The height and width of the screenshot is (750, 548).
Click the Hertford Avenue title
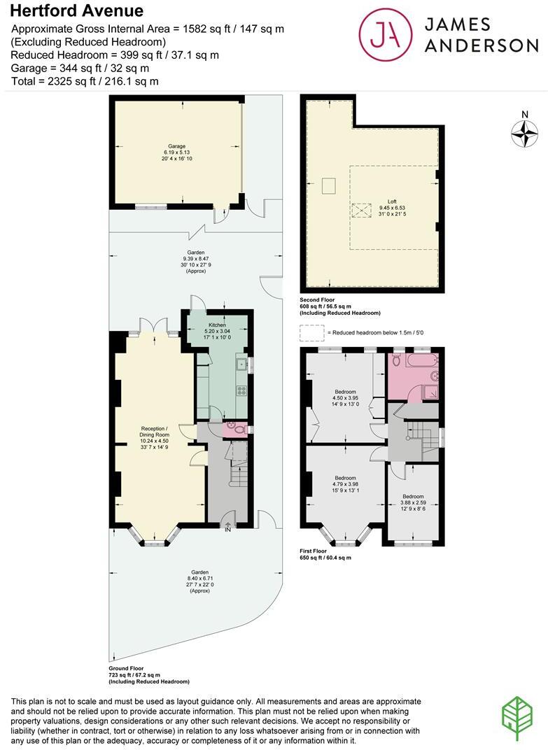(76, 10)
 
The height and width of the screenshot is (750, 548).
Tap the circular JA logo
(386, 34)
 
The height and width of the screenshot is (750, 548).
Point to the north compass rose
(524, 133)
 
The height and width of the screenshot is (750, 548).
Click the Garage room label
(176, 152)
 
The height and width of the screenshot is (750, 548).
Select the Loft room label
(392, 208)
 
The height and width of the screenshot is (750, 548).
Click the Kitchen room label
(217, 331)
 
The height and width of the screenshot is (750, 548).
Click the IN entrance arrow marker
(228, 527)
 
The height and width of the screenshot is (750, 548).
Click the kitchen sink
(241, 365)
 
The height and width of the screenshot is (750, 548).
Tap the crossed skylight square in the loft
(361, 211)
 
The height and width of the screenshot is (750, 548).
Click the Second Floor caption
(317, 300)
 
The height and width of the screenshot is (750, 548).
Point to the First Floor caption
(314, 551)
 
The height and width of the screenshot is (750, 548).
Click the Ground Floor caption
(126, 668)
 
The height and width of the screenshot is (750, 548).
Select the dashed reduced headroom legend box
(311, 333)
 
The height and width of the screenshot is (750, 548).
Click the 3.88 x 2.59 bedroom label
(413, 503)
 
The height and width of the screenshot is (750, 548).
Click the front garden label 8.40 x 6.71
(200, 581)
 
